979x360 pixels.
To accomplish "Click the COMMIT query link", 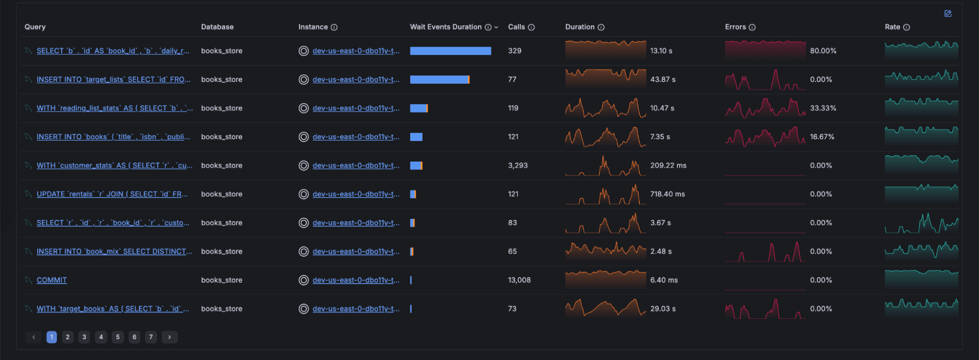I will coord(51,280).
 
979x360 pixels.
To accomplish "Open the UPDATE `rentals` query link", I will coord(112,194).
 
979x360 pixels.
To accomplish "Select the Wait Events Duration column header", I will coord(446,27).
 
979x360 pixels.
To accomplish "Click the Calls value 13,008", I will coord(519,280).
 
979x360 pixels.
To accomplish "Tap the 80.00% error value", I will coord(823,51).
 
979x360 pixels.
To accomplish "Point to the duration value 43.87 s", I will coord(663,79).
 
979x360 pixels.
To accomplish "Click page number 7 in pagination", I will coord(151,337).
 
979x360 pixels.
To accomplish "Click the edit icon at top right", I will coord(948,14).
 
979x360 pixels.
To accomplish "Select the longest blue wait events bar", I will coord(450,51).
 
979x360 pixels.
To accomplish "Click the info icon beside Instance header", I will coord(334,27).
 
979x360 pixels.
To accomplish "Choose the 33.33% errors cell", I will coord(823,108).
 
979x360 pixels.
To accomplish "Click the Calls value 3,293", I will coord(518,166).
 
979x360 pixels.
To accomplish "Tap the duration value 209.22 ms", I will coord(668,166).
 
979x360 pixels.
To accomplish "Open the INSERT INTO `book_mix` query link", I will coord(114,251).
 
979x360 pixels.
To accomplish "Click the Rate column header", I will coord(892,27).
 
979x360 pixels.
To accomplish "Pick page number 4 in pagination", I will coord(101,337).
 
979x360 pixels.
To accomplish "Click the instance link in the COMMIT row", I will coord(356,280).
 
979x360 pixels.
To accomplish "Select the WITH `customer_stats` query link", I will coord(114,166).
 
